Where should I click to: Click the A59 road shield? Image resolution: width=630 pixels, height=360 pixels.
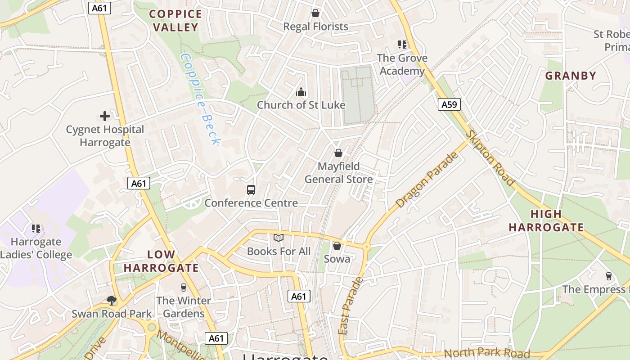coord(449,105)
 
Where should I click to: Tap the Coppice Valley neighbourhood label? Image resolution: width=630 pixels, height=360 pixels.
coord(175,21)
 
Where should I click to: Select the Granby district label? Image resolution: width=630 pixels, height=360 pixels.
coord(571,76)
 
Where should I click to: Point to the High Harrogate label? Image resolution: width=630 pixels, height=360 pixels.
coord(546,220)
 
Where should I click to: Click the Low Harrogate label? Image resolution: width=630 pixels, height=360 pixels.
coord(161,261)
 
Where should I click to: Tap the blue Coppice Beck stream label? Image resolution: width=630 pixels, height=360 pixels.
coord(200,99)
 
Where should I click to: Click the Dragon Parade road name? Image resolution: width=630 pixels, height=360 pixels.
coord(427,180)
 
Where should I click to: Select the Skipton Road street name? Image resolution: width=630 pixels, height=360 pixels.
coord(490,157)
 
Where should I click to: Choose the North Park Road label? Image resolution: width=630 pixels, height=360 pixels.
coord(487,353)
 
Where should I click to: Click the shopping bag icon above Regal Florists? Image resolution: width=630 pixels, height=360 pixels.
coord(315,13)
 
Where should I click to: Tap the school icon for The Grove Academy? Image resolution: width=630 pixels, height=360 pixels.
coord(402,45)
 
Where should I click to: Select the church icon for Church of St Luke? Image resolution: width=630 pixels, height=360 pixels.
coord(301,92)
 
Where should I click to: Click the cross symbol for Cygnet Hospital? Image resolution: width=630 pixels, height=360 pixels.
coord(105,116)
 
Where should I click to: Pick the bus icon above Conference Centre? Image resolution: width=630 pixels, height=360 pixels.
coord(251,189)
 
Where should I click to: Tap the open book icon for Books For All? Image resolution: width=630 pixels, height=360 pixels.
coord(279,238)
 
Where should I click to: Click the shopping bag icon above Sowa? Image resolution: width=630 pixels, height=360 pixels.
coord(337,246)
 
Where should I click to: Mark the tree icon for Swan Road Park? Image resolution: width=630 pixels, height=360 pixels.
coord(112,300)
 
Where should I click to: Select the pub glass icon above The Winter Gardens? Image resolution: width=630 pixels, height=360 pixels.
coord(183,287)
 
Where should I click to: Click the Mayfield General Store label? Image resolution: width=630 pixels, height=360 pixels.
coord(339,173)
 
